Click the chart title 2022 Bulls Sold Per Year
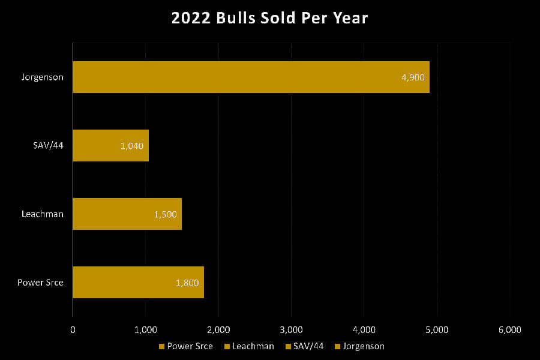click(269, 18)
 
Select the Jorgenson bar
click(251, 77)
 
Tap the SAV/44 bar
click(110, 145)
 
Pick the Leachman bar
click(127, 214)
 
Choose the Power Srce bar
click(138, 282)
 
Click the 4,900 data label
click(413, 77)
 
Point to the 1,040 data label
click(132, 146)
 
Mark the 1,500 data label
click(164, 214)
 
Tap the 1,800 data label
click(187, 283)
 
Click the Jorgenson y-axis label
click(43, 77)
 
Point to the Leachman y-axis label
click(43, 214)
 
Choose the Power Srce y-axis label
click(41, 283)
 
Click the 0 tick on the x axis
click(73, 329)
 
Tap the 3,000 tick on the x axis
click(291, 329)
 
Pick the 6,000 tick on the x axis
click(509, 329)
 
